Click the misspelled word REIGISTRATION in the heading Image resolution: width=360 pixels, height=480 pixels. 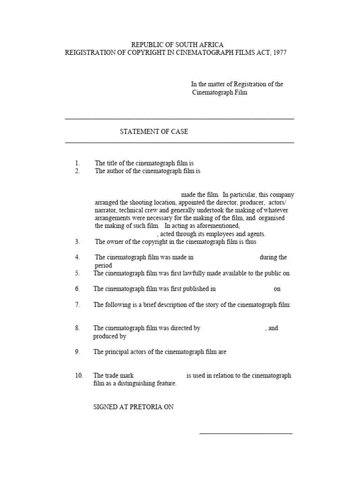[x=91, y=53]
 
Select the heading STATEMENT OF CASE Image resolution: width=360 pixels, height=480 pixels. [x=154, y=132]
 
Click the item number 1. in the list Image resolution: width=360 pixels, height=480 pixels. [x=78, y=163]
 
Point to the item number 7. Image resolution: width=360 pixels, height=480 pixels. [x=77, y=305]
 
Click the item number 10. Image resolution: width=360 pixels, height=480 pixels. [x=79, y=375]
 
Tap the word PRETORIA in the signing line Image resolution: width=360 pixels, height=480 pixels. [x=142, y=407]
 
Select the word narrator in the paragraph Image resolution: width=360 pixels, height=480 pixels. [x=106, y=210]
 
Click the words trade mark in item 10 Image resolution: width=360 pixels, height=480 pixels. [x=120, y=375]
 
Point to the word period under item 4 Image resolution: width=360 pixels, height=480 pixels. [x=103, y=265]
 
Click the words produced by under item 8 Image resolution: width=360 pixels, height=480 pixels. [x=109, y=336]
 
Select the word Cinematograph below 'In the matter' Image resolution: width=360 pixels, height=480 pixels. [x=213, y=92]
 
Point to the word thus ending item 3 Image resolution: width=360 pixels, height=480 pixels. [x=250, y=242]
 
